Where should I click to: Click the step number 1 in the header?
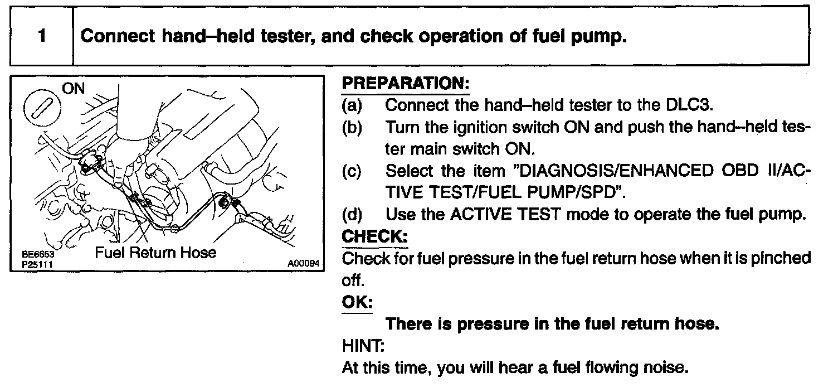(42, 36)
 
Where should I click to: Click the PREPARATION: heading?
(406, 84)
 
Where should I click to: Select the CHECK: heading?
(374, 236)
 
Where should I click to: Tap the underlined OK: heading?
(357, 302)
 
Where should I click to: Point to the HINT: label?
(363, 346)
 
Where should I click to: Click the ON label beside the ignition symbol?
(74, 89)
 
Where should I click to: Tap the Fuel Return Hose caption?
(155, 253)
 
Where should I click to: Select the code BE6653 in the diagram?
(38, 254)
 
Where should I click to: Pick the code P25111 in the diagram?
(37, 265)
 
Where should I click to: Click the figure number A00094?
(304, 264)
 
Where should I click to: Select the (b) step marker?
(352, 128)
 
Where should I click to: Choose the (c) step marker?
(352, 172)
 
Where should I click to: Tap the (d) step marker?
(352, 215)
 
